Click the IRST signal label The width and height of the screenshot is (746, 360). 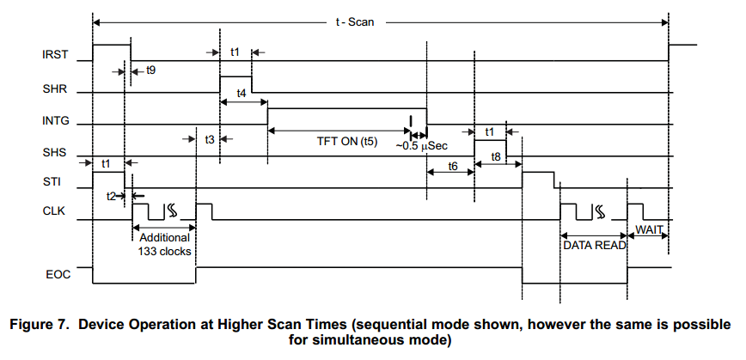click(x=55, y=55)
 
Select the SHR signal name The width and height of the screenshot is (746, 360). click(x=55, y=89)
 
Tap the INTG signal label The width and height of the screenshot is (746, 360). click(x=56, y=121)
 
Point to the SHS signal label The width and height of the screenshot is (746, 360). click(x=55, y=153)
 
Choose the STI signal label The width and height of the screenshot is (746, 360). click(x=52, y=181)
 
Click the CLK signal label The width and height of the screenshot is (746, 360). click(x=53, y=211)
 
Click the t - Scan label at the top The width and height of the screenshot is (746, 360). click(x=355, y=21)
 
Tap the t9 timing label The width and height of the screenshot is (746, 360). click(x=150, y=70)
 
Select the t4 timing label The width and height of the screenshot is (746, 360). click(x=242, y=94)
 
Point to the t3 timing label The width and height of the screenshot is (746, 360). click(x=210, y=139)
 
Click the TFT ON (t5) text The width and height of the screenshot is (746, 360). click(x=347, y=142)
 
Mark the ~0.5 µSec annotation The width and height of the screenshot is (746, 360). click(x=421, y=145)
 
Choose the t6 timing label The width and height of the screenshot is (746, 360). click(x=452, y=166)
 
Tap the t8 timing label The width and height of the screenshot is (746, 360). click(x=495, y=157)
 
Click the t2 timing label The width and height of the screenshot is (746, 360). click(x=111, y=195)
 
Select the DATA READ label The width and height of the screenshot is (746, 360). click(x=595, y=246)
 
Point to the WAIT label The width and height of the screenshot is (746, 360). click(x=649, y=230)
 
